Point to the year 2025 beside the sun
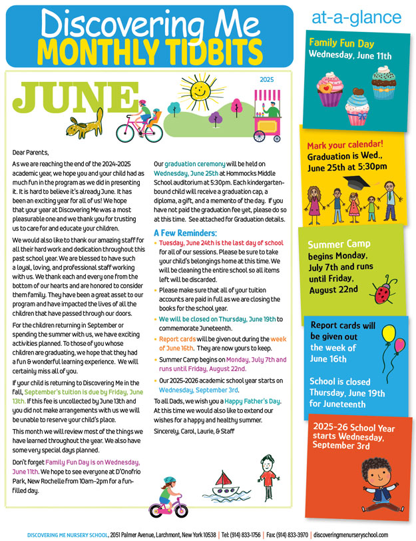[266, 80]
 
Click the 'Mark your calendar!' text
[345, 145]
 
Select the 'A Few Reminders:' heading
[185, 233]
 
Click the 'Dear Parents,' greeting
[31, 152]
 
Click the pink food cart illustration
[274, 118]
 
